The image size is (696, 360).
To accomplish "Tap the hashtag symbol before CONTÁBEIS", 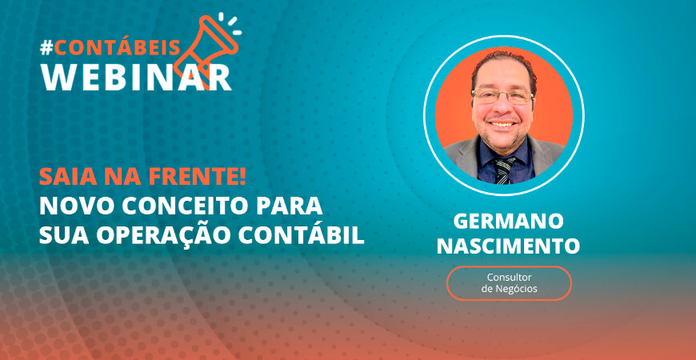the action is click(46, 48).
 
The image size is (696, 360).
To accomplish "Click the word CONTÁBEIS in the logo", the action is click(117, 46).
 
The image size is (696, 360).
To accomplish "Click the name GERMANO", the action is click(508, 222).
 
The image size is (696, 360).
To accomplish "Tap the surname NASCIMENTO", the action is click(508, 246).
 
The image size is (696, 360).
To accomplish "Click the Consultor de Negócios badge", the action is click(509, 283).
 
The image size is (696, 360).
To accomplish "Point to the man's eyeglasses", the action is click(502, 96).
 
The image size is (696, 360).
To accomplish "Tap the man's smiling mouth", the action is click(502, 124).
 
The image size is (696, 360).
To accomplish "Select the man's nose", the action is click(502, 108).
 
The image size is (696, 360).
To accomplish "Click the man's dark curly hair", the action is click(504, 66).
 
